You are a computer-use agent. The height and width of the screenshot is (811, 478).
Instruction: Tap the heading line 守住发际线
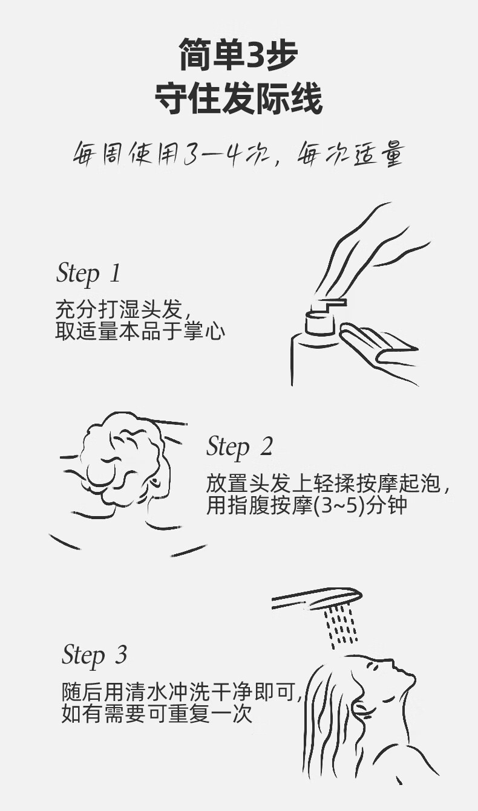(239, 99)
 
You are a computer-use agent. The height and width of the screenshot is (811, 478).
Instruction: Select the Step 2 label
(239, 447)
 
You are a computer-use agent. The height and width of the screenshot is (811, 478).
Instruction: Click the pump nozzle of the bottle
(329, 305)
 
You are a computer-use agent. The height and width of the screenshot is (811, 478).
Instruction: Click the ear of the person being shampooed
(155, 482)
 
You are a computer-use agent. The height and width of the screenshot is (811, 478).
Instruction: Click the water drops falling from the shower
(341, 628)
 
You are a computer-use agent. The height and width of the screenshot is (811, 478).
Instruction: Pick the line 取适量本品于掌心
(140, 331)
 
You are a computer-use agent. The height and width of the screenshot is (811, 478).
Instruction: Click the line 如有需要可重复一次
(157, 714)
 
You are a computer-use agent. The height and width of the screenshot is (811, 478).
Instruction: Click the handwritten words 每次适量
(349, 154)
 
